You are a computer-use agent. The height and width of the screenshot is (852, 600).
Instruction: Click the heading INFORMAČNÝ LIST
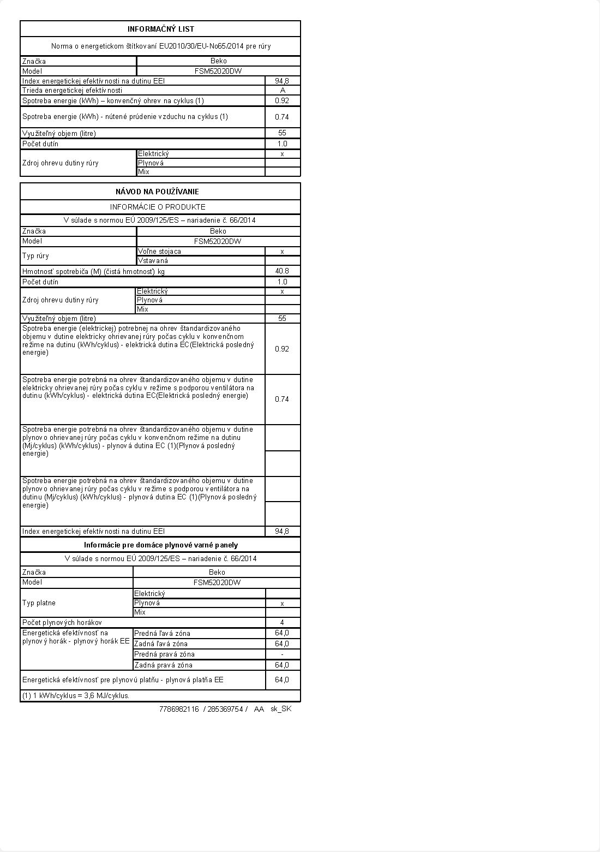(160, 29)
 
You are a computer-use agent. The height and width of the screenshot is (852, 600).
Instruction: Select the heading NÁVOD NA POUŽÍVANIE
(157, 192)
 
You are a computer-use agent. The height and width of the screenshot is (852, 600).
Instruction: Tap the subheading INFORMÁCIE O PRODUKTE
(158, 207)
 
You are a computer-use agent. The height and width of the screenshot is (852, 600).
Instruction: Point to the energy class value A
(283, 90)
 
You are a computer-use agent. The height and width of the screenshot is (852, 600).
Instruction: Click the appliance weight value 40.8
(282, 271)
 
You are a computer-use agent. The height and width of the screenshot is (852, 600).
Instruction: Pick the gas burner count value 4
(282, 622)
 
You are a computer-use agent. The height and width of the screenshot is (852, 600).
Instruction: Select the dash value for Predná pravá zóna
(282, 654)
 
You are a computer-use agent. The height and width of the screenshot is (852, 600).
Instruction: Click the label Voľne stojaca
(159, 252)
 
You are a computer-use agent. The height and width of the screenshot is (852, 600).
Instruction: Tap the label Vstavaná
(153, 261)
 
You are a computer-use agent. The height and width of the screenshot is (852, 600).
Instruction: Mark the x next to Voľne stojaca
(282, 252)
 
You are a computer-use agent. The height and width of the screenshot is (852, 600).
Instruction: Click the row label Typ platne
(39, 603)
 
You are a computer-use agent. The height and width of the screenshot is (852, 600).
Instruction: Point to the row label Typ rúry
(37, 256)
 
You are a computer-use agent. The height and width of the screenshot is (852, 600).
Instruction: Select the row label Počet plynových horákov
(62, 622)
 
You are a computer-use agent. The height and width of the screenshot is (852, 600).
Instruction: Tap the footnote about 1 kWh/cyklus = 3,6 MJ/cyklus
(76, 696)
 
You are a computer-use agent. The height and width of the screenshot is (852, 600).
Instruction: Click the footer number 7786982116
(179, 709)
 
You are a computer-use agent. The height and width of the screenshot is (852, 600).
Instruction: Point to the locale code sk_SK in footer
(281, 709)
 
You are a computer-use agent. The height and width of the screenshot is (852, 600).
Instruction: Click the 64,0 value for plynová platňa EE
(282, 680)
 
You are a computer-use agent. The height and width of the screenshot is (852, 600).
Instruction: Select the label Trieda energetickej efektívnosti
(72, 90)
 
